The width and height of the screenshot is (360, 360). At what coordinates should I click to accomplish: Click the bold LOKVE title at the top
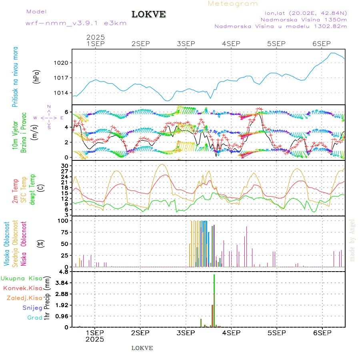[149, 15]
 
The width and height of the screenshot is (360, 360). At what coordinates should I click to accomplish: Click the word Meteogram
[233, 4]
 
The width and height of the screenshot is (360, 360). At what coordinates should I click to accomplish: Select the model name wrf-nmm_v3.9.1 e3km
[76, 23]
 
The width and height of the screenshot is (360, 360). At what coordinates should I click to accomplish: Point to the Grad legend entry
[35, 318]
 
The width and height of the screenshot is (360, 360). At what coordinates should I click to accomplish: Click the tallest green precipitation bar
[214, 300]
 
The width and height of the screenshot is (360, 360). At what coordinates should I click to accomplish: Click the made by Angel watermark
[352, 240]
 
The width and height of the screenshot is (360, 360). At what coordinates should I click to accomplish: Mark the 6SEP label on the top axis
[321, 43]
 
